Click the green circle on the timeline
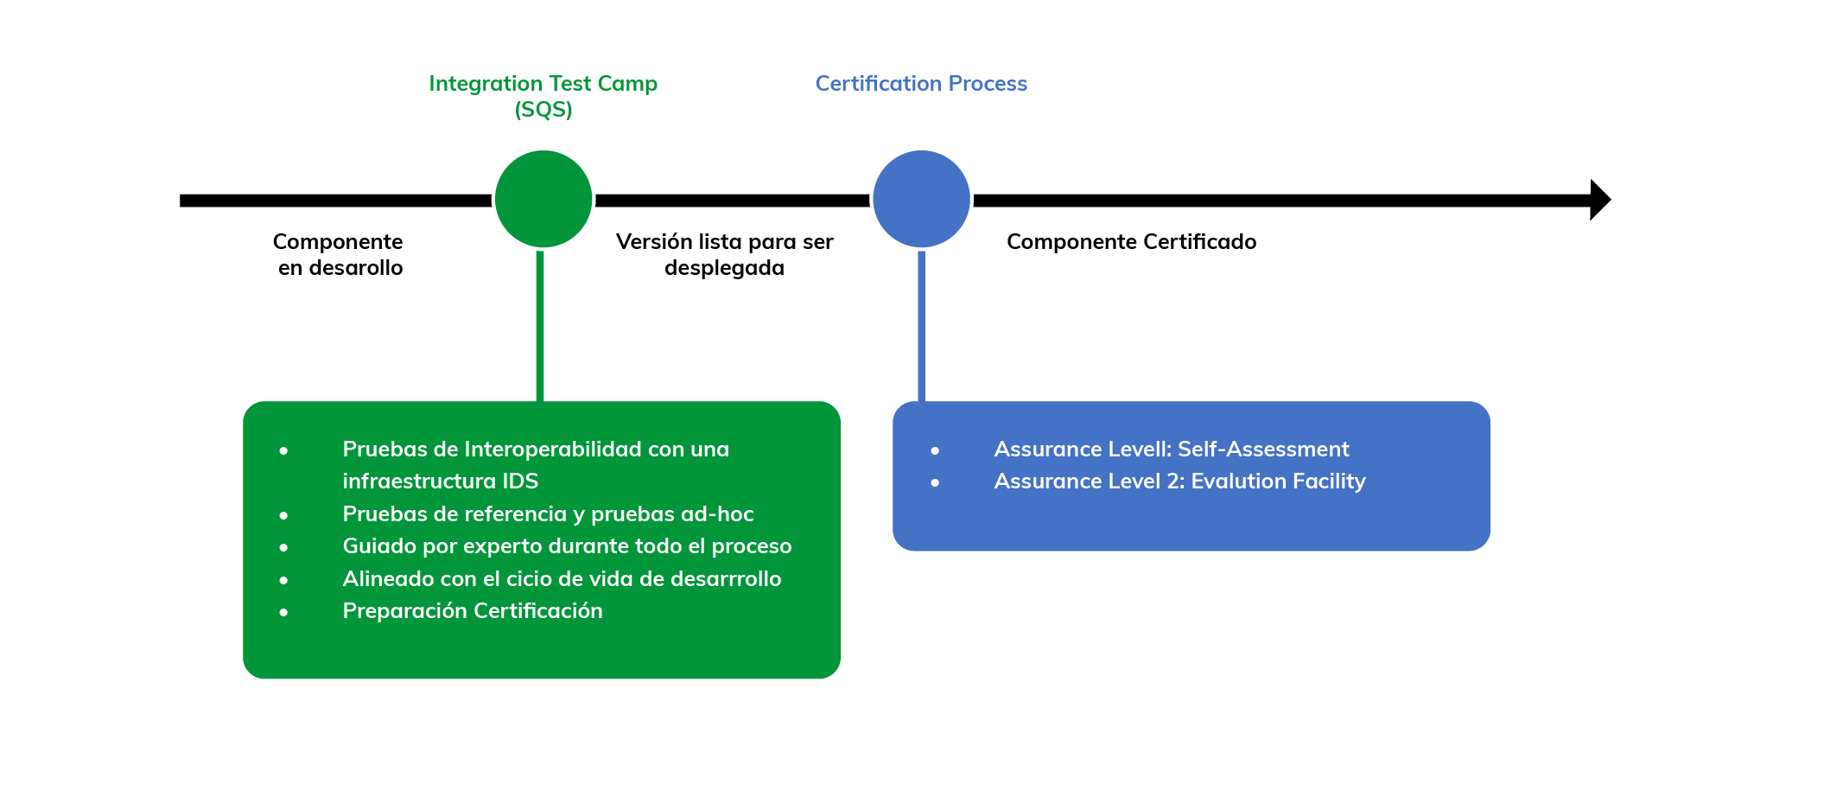coord(543,199)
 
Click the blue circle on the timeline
coord(921,199)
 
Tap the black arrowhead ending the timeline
coord(1600,200)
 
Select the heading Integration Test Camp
coord(543,83)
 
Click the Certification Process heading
coord(921,83)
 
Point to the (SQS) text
coord(543,110)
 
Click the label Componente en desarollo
coord(339,254)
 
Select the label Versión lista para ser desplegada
coord(724,254)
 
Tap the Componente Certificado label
coord(1131,241)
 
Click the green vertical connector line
coord(540,326)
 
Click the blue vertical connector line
coord(921,326)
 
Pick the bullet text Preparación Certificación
coord(473,610)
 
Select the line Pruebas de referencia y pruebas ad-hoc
coord(548,513)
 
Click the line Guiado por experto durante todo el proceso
coord(567,545)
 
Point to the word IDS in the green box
coord(520,481)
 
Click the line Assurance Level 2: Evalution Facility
coord(1179,481)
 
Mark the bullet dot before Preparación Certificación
coord(283,612)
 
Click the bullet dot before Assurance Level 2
coord(935,482)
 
